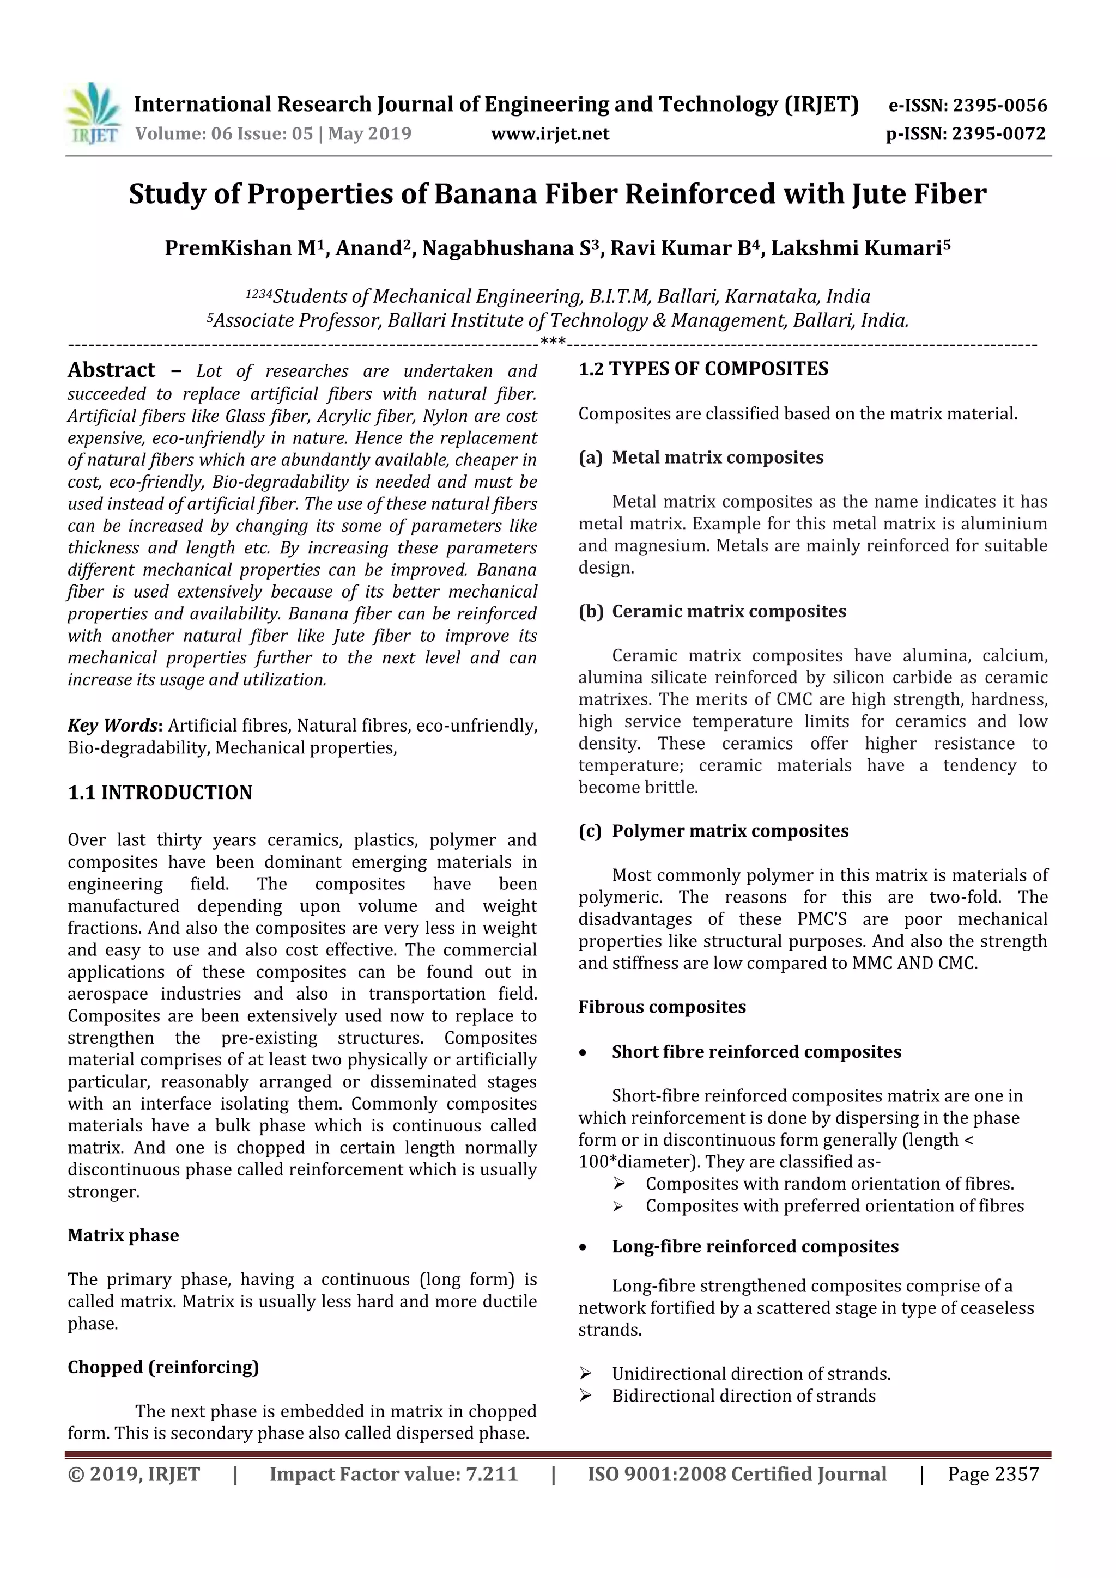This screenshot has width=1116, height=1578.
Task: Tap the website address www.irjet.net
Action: pyautogui.click(x=549, y=134)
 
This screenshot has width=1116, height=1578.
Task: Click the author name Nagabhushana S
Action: pyautogui.click(x=511, y=248)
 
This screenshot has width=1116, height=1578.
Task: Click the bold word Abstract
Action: pyautogui.click(x=111, y=370)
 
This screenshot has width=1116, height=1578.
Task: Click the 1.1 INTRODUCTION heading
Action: pyautogui.click(x=160, y=793)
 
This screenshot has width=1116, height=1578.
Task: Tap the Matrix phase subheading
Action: pyautogui.click(x=123, y=1235)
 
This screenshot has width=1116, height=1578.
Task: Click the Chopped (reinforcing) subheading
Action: pyautogui.click(x=163, y=1367)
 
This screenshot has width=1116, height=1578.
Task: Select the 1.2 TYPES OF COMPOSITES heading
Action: pyautogui.click(x=703, y=369)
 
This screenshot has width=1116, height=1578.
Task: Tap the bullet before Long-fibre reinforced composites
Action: pyautogui.click(x=583, y=1247)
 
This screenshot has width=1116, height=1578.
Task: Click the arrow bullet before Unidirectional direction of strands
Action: pyautogui.click(x=585, y=1374)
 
